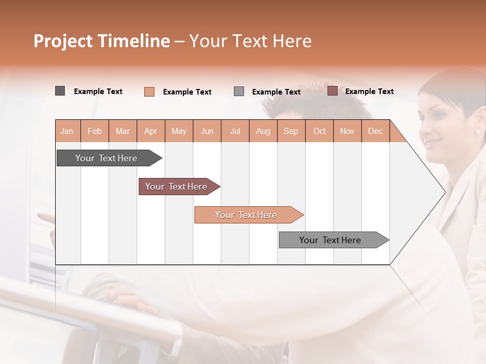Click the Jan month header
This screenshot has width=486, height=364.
pyautogui.click(x=67, y=131)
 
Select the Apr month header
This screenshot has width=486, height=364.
pyautogui.click(x=150, y=131)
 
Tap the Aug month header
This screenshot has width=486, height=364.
pyautogui.click(x=263, y=131)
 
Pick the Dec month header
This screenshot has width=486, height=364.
pyautogui.click(x=375, y=131)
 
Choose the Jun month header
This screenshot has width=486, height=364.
pyautogui.click(x=207, y=131)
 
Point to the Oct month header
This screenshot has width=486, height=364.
pyautogui.click(x=319, y=131)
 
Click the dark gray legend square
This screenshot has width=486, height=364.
pyautogui.click(x=60, y=91)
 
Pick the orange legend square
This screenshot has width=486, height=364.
pyautogui.click(x=149, y=92)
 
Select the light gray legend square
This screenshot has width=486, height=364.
pyautogui.click(x=239, y=92)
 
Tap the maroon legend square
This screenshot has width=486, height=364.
pyautogui.click(x=332, y=91)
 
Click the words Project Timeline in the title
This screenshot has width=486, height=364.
pyautogui.click(x=101, y=41)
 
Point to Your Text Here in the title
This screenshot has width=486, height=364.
pyautogui.click(x=250, y=41)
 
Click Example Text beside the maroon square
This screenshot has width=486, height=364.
pyautogui.click(x=369, y=92)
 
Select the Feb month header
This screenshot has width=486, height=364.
pyautogui.click(x=95, y=131)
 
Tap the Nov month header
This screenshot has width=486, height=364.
pyautogui.click(x=347, y=131)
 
